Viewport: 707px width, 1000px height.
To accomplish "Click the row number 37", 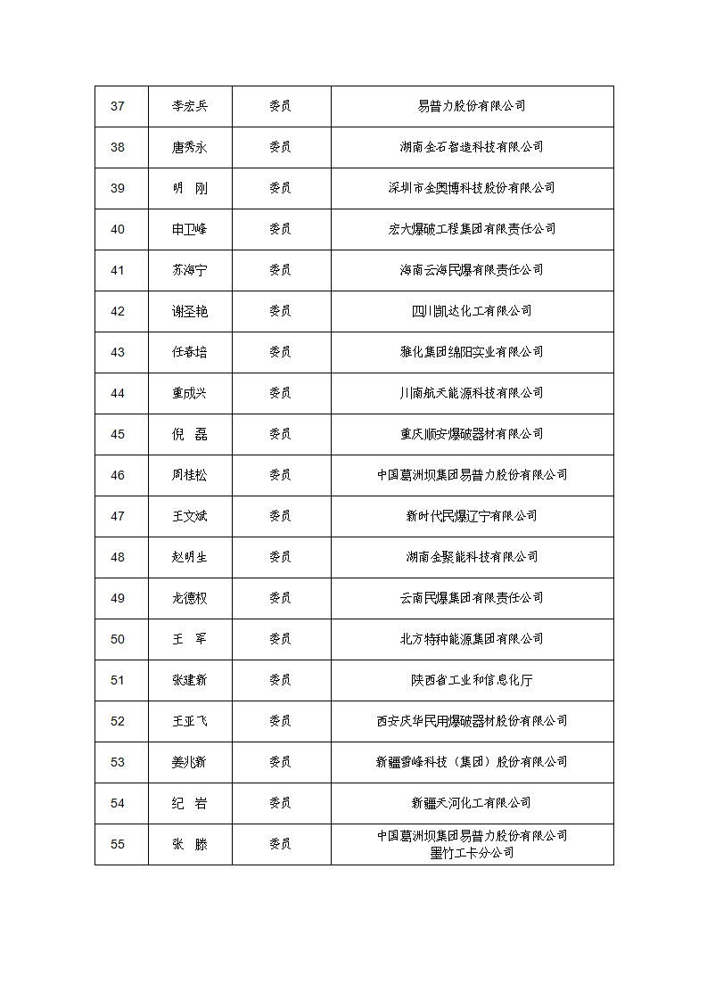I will (118, 106).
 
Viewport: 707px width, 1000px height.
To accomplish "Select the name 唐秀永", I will (190, 147).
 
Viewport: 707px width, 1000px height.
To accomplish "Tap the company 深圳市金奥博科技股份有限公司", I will (472, 188).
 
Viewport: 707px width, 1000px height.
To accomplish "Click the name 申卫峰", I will (190, 229).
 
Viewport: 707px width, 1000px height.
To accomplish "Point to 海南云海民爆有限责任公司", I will (472, 270).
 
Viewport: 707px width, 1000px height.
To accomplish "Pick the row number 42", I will (118, 311).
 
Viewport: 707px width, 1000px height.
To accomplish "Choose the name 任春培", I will (190, 352).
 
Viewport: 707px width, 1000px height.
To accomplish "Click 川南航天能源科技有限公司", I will (472, 393).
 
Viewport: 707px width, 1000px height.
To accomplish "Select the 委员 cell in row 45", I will (280, 434).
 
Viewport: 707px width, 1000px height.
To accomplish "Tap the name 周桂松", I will (190, 475).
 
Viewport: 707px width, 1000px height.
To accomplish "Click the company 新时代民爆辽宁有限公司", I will (472, 516).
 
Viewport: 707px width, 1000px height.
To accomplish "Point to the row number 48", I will (118, 557).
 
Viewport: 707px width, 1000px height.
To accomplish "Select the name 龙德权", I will (190, 598).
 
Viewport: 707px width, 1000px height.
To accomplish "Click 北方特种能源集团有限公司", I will (472, 639).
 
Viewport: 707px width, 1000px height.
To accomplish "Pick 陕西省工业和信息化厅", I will (472, 680).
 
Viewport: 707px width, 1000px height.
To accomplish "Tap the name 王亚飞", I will (190, 721).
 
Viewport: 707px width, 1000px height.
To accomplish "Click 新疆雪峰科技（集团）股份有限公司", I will (472, 762).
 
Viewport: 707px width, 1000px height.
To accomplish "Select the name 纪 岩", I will (190, 803).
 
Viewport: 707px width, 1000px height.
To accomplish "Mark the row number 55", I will (118, 844).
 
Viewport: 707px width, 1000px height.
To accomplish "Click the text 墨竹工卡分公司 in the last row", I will (472, 853).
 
